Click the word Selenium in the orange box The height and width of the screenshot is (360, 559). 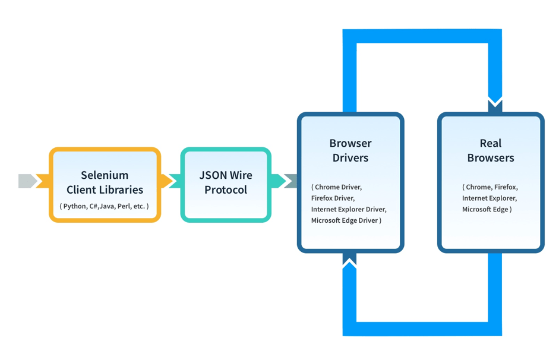(105, 175)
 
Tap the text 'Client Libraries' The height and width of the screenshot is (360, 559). (105, 190)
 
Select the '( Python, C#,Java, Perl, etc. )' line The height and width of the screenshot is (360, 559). (105, 206)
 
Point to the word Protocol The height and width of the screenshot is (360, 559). (226, 190)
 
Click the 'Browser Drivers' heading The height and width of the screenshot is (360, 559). (350, 150)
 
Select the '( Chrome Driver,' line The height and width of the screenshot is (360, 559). (336, 187)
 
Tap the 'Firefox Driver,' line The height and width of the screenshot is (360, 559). (333, 198)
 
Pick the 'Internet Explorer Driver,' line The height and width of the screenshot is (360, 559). (349, 209)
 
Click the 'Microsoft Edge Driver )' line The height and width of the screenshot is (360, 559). (346, 220)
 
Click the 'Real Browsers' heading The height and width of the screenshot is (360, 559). (491, 150)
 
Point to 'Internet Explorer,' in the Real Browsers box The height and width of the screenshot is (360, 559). (489, 198)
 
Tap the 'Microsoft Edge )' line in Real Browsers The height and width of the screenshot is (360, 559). (487, 209)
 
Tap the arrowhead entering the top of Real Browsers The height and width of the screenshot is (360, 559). (495, 105)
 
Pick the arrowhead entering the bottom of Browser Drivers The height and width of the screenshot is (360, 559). (350, 260)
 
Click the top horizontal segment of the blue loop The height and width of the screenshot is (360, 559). (422, 36)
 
